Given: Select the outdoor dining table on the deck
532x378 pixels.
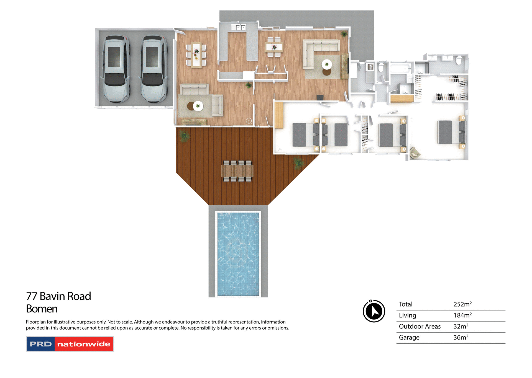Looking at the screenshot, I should [x=237, y=171].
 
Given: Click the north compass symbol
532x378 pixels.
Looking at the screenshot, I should [x=374, y=311].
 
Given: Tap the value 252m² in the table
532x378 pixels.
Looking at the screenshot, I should [x=462, y=304].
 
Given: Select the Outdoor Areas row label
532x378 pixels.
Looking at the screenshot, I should [x=420, y=327].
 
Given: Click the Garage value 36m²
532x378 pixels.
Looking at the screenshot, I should [x=461, y=338].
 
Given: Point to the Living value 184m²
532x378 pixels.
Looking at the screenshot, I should [x=462, y=315].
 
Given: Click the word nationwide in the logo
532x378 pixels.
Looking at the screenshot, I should [x=84, y=344].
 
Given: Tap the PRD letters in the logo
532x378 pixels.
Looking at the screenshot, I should [x=41, y=344].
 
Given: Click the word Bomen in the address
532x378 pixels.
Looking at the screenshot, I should [x=42, y=309].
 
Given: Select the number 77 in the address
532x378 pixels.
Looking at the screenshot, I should [x=32, y=296].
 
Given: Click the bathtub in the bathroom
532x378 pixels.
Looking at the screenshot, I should [x=401, y=68].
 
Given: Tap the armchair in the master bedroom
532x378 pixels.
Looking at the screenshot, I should [x=415, y=153].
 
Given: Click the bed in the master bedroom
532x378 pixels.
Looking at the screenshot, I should [x=450, y=132].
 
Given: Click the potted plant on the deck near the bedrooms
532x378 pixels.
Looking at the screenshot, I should [x=298, y=162].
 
